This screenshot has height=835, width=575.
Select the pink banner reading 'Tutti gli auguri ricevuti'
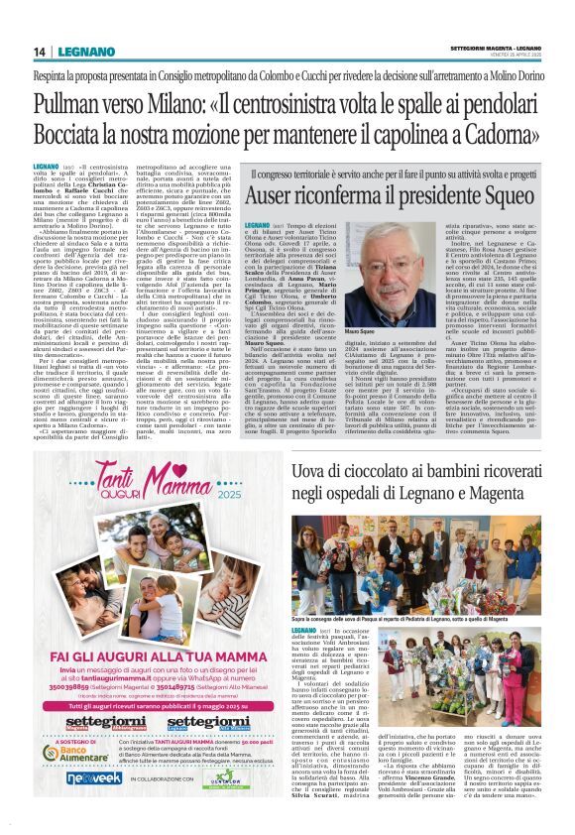[144, 709]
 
